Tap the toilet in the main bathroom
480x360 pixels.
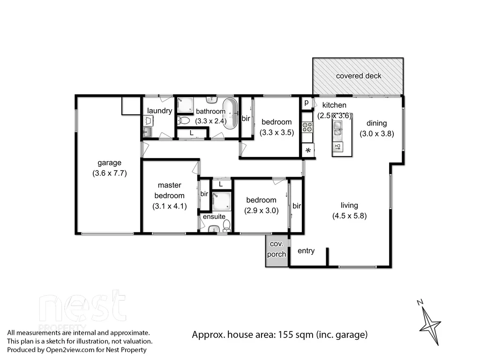click(x=184, y=120)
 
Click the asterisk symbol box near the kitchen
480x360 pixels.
click(x=308, y=150)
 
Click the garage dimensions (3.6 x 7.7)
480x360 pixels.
click(x=109, y=172)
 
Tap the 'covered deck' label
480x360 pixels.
click(x=359, y=76)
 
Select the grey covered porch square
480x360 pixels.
click(x=277, y=251)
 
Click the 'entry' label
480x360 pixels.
click(x=306, y=251)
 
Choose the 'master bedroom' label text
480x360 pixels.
click(x=169, y=190)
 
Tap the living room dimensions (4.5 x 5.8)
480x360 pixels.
click(x=349, y=216)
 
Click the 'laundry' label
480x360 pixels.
click(x=159, y=111)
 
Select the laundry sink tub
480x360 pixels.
click(x=147, y=132)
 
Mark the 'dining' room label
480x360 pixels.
click(x=376, y=123)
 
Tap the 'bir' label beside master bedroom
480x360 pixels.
click(x=204, y=194)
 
